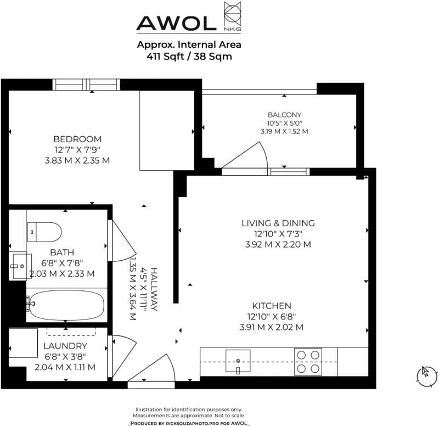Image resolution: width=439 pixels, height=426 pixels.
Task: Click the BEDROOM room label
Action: pos(77,139)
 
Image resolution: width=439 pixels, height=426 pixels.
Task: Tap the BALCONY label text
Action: pos(284,115)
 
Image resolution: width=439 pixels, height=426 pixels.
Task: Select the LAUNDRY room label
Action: pos(65,346)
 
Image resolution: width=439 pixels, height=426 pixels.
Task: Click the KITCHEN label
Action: pos(272,306)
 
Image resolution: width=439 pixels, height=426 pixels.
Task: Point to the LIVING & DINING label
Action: pos(278,223)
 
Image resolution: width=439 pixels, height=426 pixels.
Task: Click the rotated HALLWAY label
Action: pos(154,289)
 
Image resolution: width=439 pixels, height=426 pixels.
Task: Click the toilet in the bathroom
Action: pos(44,232)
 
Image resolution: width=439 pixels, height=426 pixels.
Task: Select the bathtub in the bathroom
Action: pos(66,305)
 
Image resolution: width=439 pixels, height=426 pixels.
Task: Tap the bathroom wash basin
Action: pos(20,266)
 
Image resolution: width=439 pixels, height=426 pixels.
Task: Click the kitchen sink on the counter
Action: pos(238,361)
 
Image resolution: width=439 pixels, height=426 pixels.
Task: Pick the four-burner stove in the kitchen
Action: pos(308,362)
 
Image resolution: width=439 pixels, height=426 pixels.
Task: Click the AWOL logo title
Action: pos(176,23)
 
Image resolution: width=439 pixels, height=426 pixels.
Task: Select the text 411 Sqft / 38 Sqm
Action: pos(189,57)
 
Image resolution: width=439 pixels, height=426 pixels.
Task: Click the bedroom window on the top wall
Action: pos(86,85)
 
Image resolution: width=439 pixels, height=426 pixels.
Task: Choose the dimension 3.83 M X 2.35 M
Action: pos(77,160)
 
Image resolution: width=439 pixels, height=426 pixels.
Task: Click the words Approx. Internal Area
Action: pos(189,44)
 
